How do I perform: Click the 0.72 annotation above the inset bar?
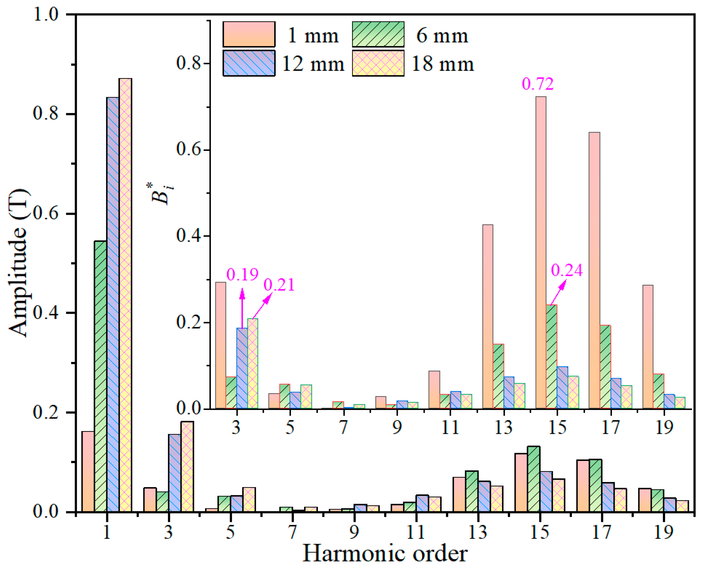(x=538, y=84)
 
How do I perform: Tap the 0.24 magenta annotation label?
(x=566, y=270)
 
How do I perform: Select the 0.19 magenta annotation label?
(x=243, y=274)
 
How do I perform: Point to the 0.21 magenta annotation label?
(x=279, y=285)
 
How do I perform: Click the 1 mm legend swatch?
(x=249, y=34)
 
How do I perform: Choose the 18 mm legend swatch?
(x=378, y=63)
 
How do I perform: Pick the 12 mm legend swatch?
(x=249, y=63)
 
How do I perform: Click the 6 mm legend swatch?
(x=378, y=34)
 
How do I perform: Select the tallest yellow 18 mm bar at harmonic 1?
(x=125, y=294)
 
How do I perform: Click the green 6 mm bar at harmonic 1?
(x=100, y=376)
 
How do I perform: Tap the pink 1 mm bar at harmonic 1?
(x=88, y=471)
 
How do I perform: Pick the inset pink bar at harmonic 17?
(x=594, y=270)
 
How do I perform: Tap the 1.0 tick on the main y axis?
(x=46, y=14)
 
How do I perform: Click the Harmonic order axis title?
(x=385, y=554)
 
